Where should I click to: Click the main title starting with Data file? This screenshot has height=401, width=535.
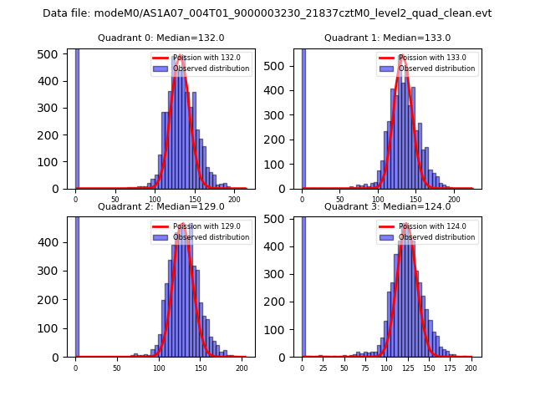point(267,13)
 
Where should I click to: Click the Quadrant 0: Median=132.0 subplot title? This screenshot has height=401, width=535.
point(160,38)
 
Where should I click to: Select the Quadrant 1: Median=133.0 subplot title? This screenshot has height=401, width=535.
point(387,38)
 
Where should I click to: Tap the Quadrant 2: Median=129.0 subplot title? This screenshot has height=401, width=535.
point(160,206)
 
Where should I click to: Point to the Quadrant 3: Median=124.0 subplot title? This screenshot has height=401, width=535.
point(387,206)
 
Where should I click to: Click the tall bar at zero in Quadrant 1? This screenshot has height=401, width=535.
point(303,117)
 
